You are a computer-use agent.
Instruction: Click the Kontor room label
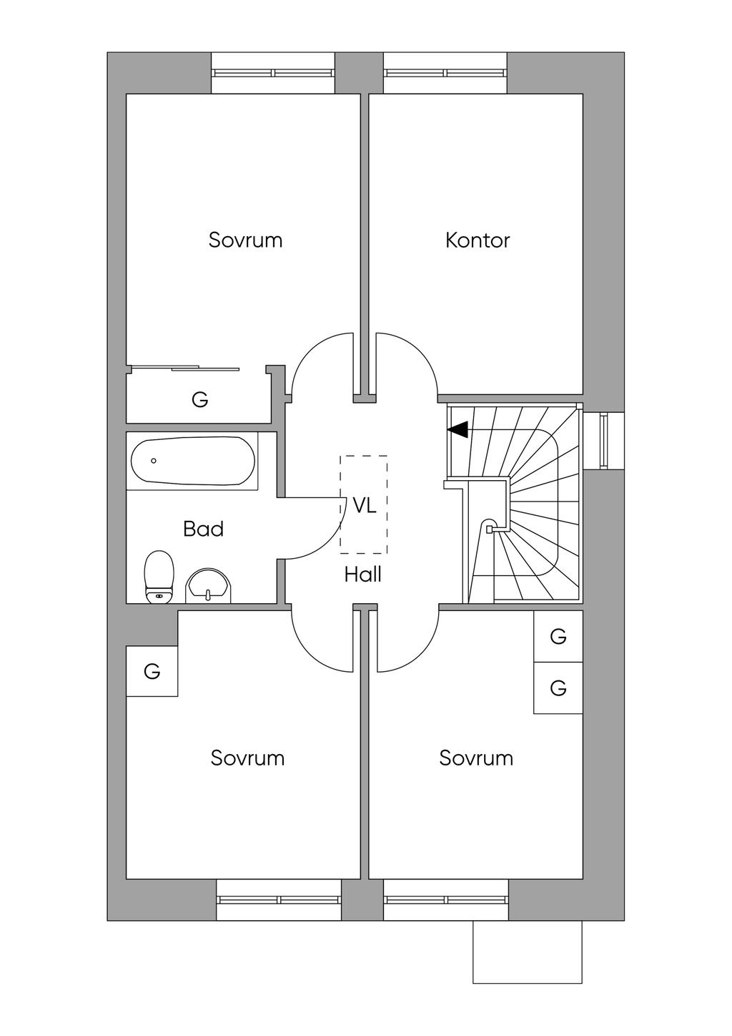click(x=477, y=240)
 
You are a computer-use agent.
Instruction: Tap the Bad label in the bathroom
click(x=203, y=529)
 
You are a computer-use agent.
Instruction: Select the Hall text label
click(x=362, y=575)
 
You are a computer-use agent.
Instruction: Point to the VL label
click(x=364, y=506)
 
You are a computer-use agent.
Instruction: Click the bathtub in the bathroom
click(x=192, y=461)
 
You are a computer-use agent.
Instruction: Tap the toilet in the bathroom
click(x=159, y=576)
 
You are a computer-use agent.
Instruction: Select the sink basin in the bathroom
click(x=209, y=586)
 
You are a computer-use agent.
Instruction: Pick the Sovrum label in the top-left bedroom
click(x=245, y=240)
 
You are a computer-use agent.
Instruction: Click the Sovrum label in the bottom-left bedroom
click(x=247, y=758)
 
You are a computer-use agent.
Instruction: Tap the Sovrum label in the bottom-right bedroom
click(x=476, y=758)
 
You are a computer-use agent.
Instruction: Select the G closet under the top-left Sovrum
click(x=199, y=400)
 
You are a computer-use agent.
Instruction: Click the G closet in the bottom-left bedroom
click(x=152, y=671)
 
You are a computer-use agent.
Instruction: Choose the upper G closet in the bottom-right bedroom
click(x=558, y=636)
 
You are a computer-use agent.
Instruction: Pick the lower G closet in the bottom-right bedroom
click(x=558, y=688)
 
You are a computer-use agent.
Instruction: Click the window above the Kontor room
click(x=445, y=72)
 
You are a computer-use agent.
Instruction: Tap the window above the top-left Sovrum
click(x=273, y=72)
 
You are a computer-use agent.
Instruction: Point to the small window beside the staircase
click(x=603, y=441)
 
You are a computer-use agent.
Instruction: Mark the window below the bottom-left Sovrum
click(x=279, y=899)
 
